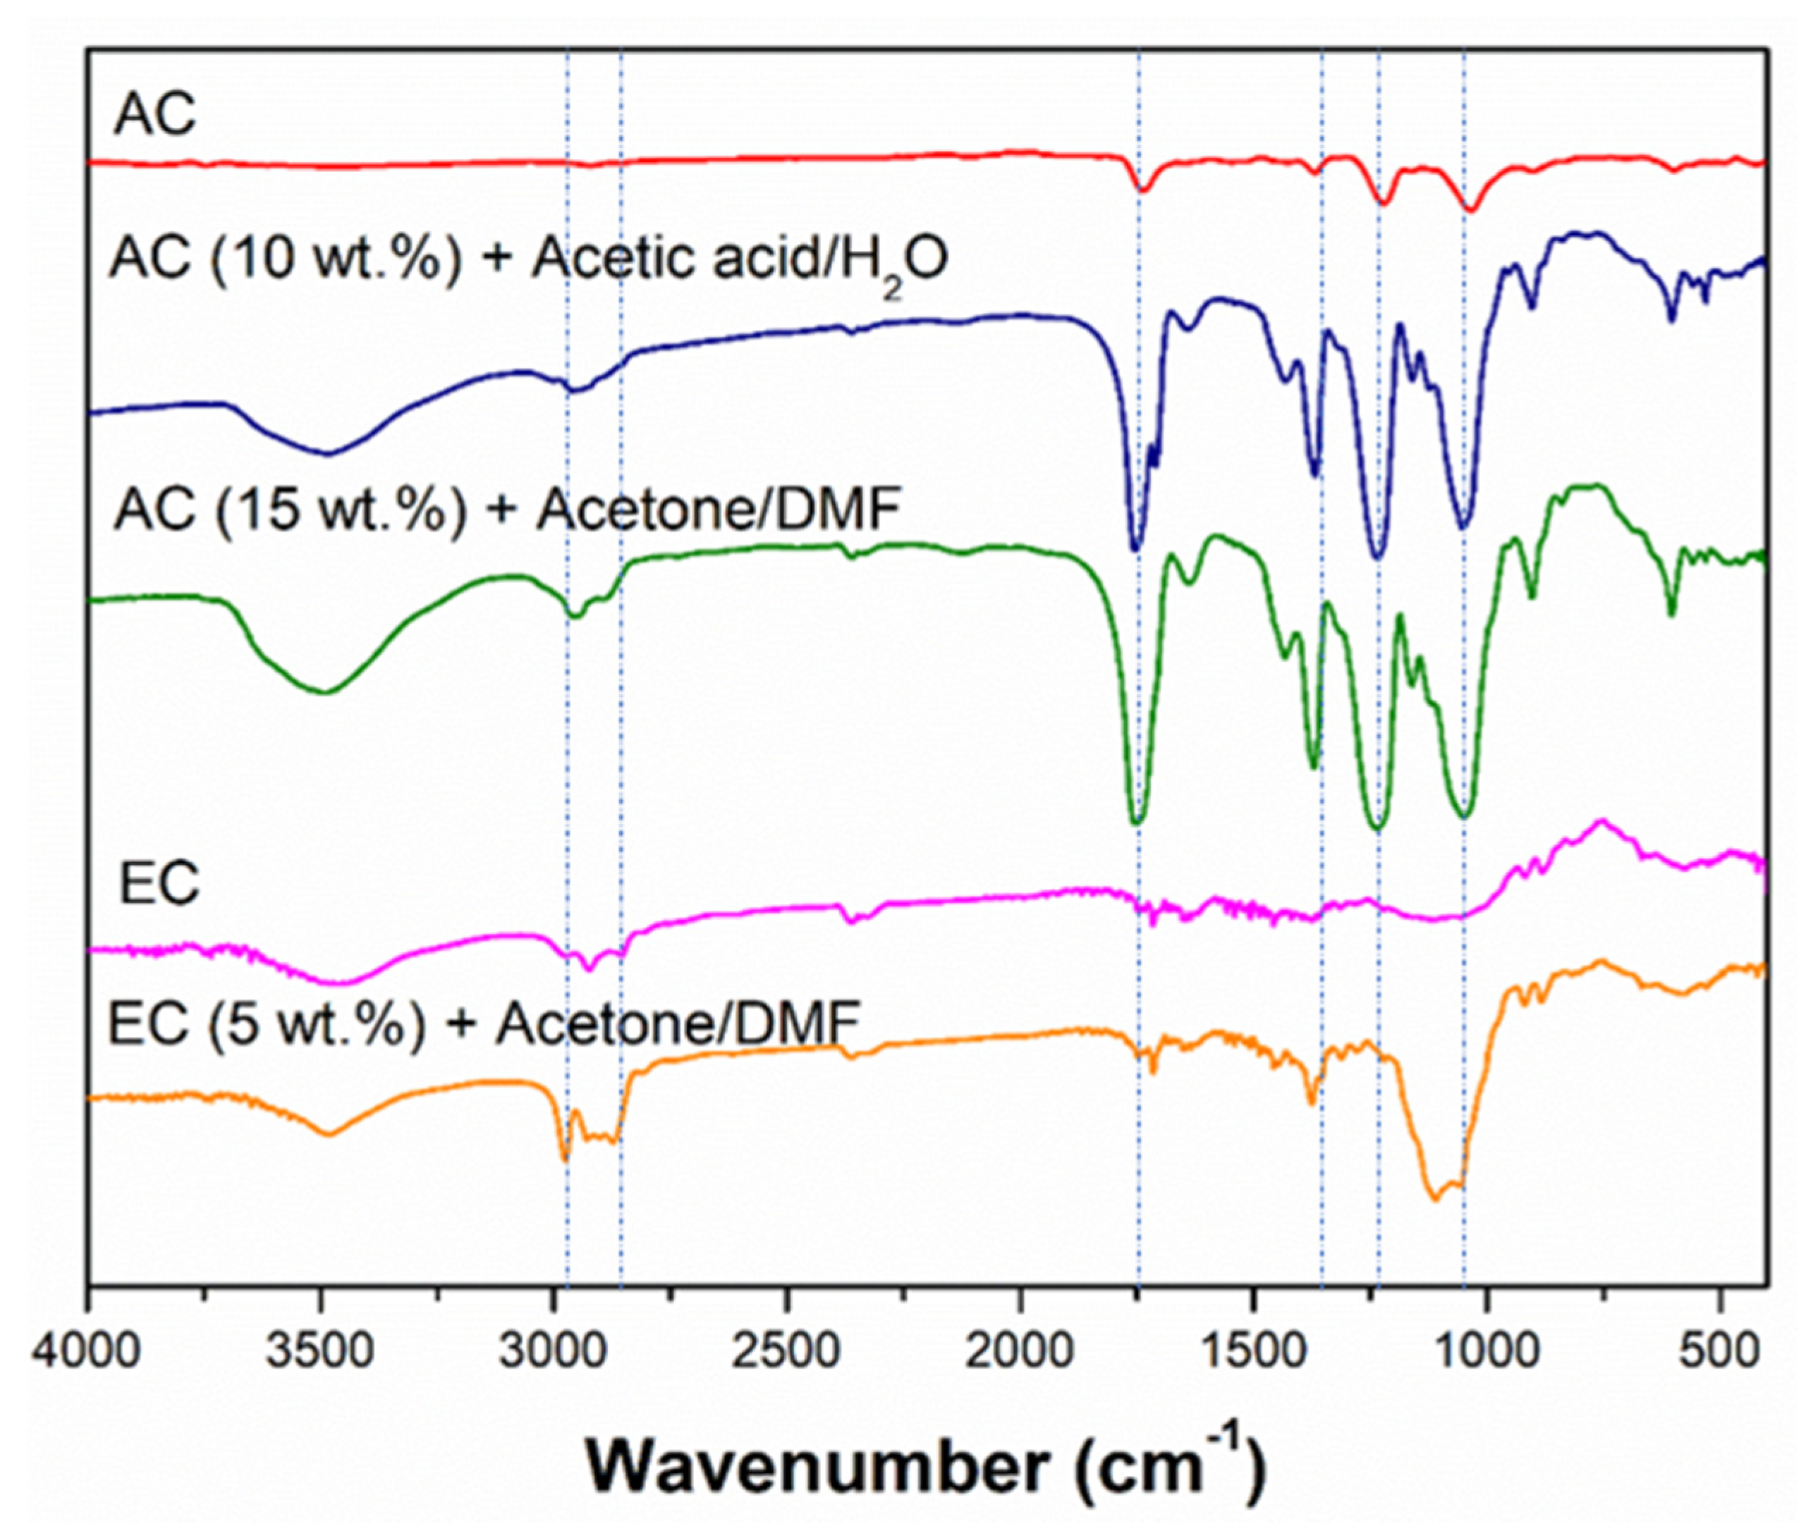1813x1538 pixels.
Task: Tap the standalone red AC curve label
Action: (155, 113)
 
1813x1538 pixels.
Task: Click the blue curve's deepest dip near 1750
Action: (1135, 549)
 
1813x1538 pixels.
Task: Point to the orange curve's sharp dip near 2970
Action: (564, 1159)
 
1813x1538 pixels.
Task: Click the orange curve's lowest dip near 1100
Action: (1434, 1199)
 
